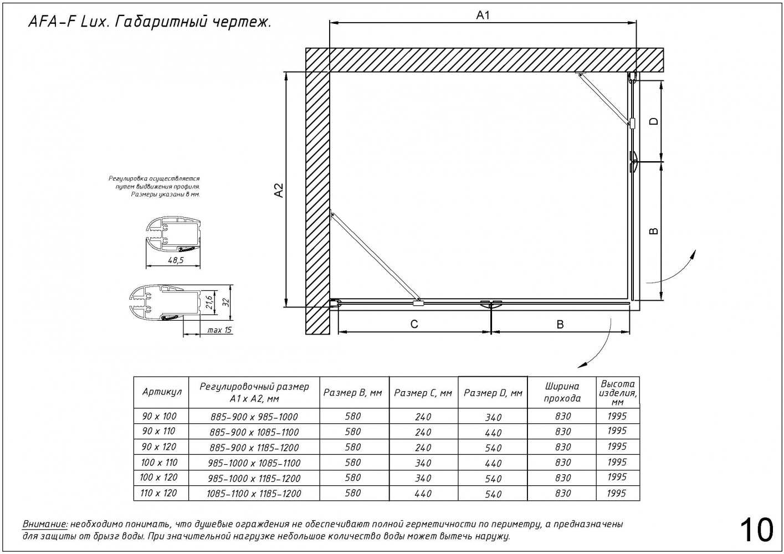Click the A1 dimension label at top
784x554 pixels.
[x=483, y=16]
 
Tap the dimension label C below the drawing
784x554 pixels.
[x=414, y=324]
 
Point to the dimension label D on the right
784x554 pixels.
[x=654, y=121]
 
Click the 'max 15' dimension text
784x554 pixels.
[x=219, y=331]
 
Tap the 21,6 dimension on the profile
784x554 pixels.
[x=209, y=302]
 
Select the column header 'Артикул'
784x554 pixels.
[x=162, y=392]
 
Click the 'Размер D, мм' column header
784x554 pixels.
[x=493, y=393]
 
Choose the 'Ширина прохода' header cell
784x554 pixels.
[x=562, y=392]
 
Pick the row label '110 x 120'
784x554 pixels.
[x=159, y=493]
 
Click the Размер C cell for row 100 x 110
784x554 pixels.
[x=423, y=463]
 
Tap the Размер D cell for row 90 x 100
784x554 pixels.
[x=493, y=417]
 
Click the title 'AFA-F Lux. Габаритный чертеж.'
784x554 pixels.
[x=149, y=23]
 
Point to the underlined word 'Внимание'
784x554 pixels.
[x=45, y=524]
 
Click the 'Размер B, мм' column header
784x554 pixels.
[x=352, y=393]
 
